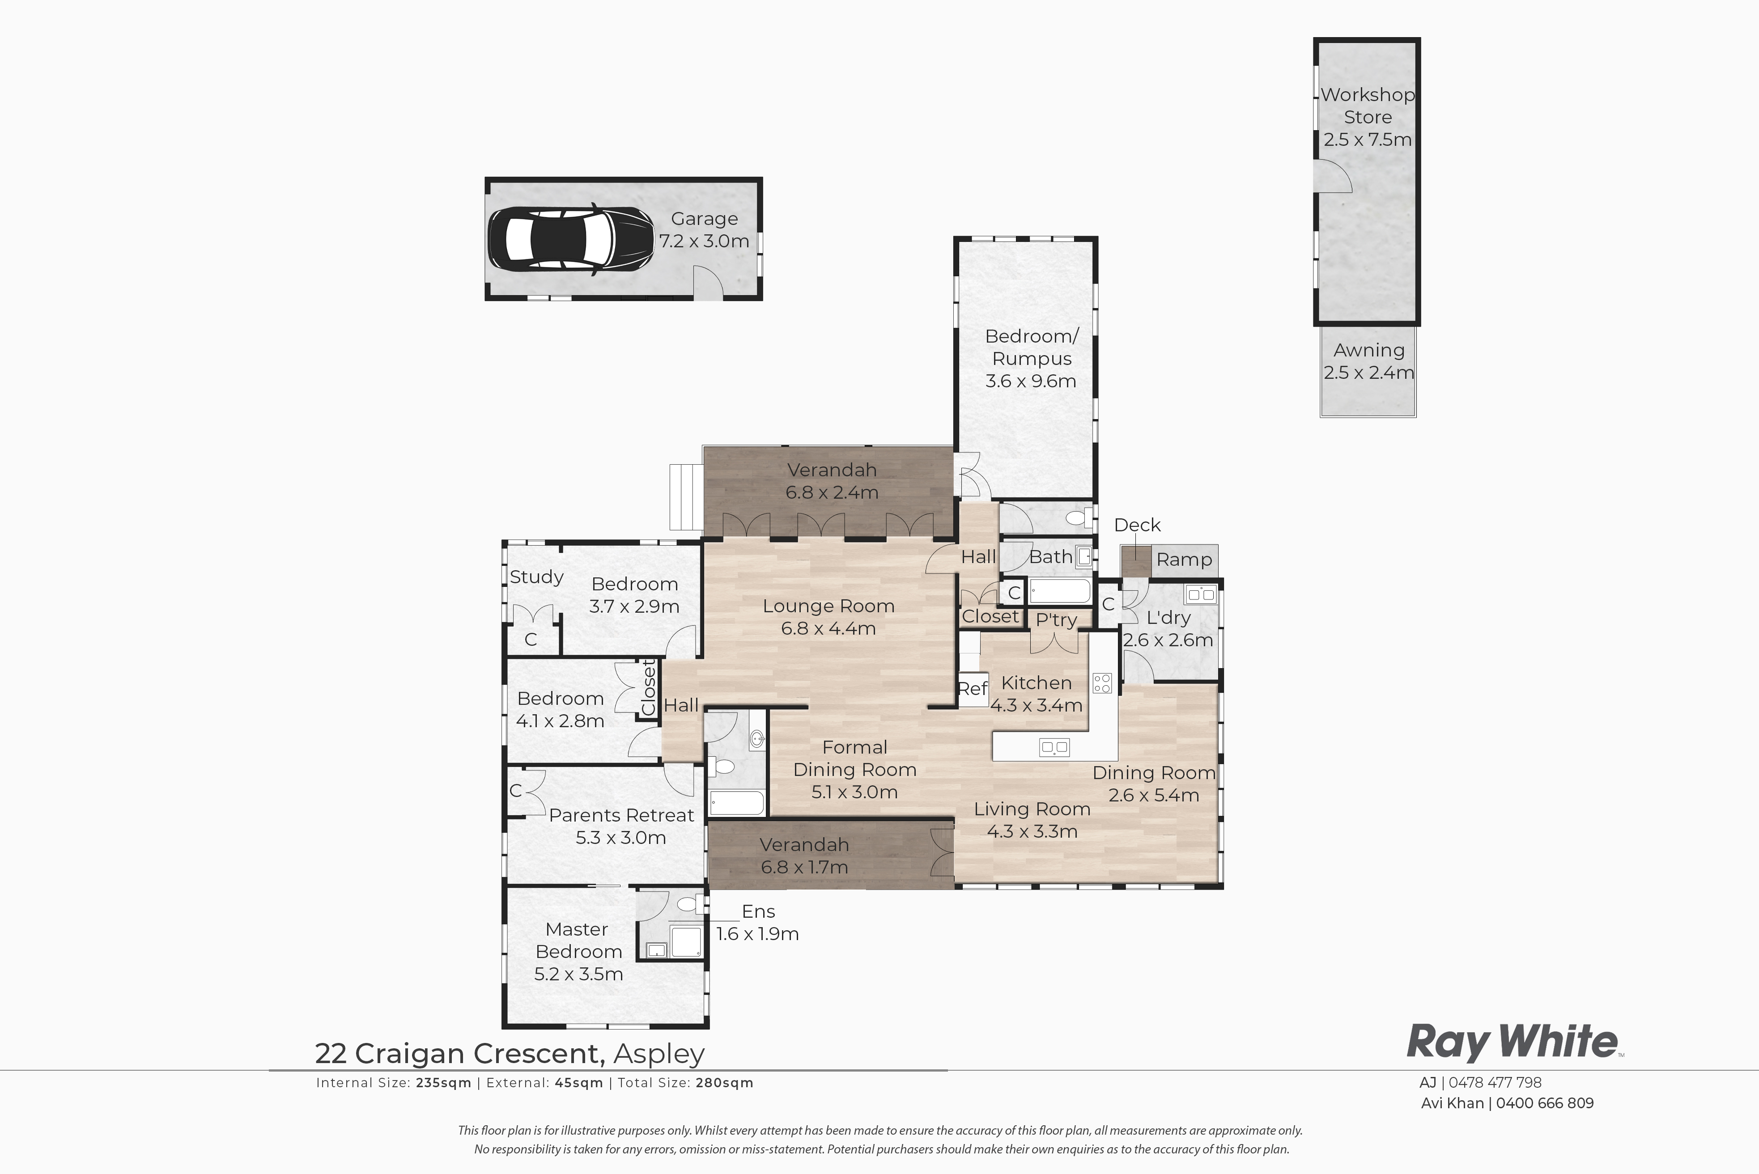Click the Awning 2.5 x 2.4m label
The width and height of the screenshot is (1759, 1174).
[1368, 361]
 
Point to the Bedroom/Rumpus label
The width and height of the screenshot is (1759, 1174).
[1031, 348]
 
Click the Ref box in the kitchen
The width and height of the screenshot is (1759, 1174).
[973, 689]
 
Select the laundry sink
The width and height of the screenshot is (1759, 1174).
[1200, 594]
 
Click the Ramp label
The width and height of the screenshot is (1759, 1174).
[1184, 559]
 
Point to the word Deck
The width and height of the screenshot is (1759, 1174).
[1137, 525]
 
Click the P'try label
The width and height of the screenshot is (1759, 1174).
[1056, 620]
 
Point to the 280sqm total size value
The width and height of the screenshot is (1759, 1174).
[724, 1083]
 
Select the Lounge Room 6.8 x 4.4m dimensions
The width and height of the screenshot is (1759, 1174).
[828, 628]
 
